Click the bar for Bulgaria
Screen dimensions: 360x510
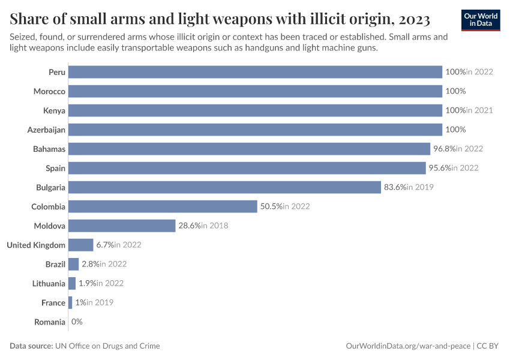225,187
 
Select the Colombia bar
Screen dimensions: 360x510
163,206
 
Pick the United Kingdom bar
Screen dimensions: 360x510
81,245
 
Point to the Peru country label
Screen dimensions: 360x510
57,72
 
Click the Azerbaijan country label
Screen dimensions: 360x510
46,130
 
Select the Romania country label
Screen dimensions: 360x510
50,322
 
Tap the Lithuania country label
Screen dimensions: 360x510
49,283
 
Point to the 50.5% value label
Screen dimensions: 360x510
271,206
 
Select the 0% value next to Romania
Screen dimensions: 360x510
77,322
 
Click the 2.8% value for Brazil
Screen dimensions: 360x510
90,264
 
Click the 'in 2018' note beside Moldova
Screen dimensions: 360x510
215,226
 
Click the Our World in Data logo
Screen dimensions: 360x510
480,20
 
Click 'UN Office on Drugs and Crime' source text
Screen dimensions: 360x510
107,346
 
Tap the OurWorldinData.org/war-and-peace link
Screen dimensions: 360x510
409,346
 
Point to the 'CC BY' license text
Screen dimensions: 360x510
490,346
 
